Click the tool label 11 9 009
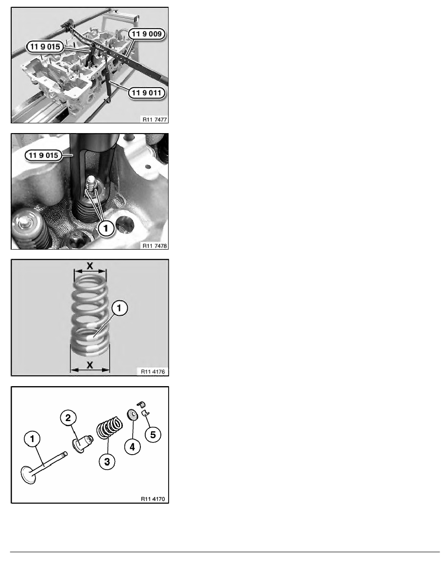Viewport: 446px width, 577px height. click(146, 34)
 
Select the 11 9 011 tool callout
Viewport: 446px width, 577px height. click(146, 93)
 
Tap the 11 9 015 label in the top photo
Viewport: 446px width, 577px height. click(45, 47)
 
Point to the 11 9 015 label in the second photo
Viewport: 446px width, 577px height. click(43, 155)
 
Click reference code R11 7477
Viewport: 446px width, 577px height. click(154, 119)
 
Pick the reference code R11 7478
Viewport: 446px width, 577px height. click(154, 245)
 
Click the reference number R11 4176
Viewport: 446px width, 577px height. click(153, 372)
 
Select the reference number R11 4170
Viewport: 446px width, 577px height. click(153, 499)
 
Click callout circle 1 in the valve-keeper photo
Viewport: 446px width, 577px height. click(106, 229)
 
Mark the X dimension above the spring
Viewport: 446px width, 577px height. click(90, 265)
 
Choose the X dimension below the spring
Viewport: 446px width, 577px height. click(90, 365)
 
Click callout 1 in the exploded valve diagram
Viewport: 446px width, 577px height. click(33, 439)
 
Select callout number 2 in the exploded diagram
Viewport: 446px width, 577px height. click(68, 418)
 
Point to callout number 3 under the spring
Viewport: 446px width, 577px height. click(107, 461)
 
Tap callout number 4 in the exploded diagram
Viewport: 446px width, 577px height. click(133, 447)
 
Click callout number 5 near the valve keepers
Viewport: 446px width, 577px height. click(153, 435)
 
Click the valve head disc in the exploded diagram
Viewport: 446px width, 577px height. click(28, 475)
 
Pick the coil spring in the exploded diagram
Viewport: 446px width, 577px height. click(110, 427)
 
